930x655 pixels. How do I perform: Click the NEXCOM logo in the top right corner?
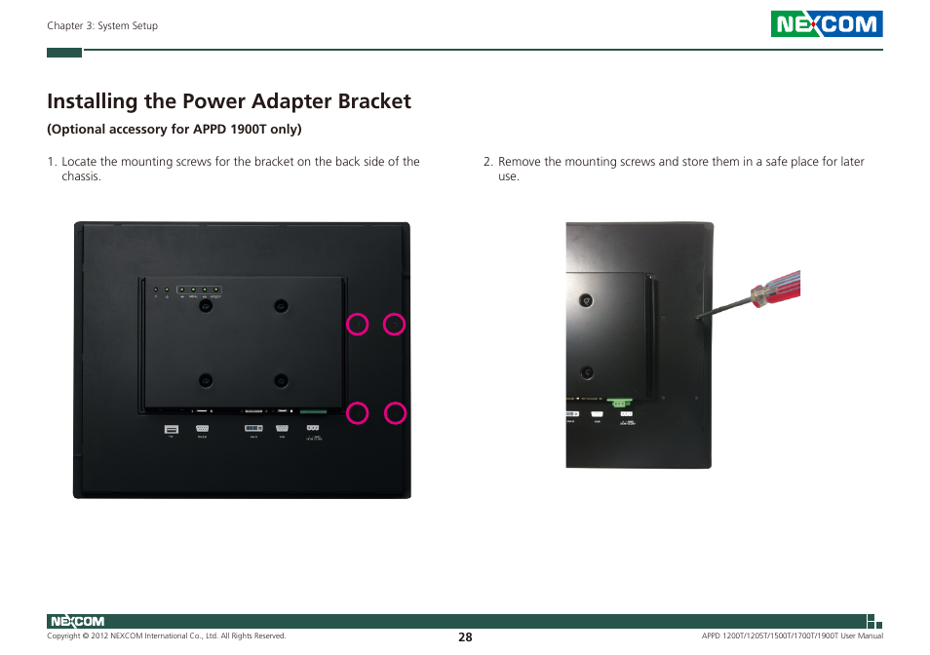coord(826,24)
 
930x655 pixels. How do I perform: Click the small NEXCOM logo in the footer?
coord(76,621)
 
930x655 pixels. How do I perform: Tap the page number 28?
coord(465,636)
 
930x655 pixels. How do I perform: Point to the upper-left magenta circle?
coord(358,325)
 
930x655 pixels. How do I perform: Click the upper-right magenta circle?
coord(394,325)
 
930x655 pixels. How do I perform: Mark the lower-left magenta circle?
coord(358,413)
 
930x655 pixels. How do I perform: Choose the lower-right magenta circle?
coord(394,413)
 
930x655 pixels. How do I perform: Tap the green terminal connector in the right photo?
coord(617,401)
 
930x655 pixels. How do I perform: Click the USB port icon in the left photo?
coord(172,429)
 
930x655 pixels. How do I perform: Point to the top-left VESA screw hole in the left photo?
coord(206,306)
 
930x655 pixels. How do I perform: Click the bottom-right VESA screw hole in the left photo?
coord(281,380)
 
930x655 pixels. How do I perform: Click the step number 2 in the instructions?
coord(487,162)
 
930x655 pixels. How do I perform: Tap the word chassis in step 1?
coord(80,176)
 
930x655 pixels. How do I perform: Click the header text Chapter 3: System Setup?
coord(102,26)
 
